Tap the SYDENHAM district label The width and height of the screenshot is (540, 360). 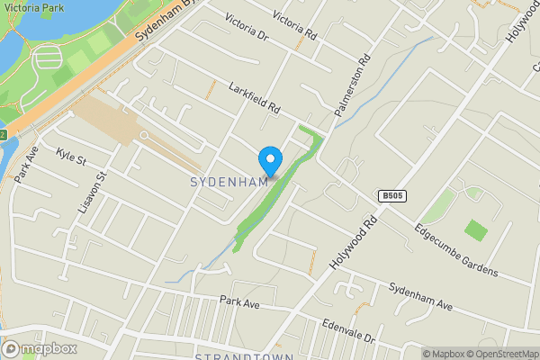(x=229, y=182)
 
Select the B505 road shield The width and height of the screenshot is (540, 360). (x=391, y=196)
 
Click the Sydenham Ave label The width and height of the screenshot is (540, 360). (x=420, y=294)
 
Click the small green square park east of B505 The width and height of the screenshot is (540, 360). (x=476, y=230)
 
